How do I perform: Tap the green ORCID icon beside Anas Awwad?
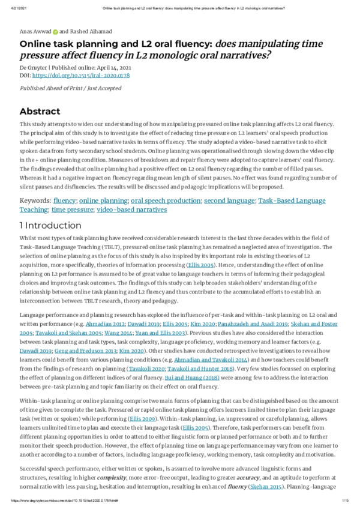point(55,31)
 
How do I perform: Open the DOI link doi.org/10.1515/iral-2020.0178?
point(81,76)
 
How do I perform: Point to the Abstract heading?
point(40,111)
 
